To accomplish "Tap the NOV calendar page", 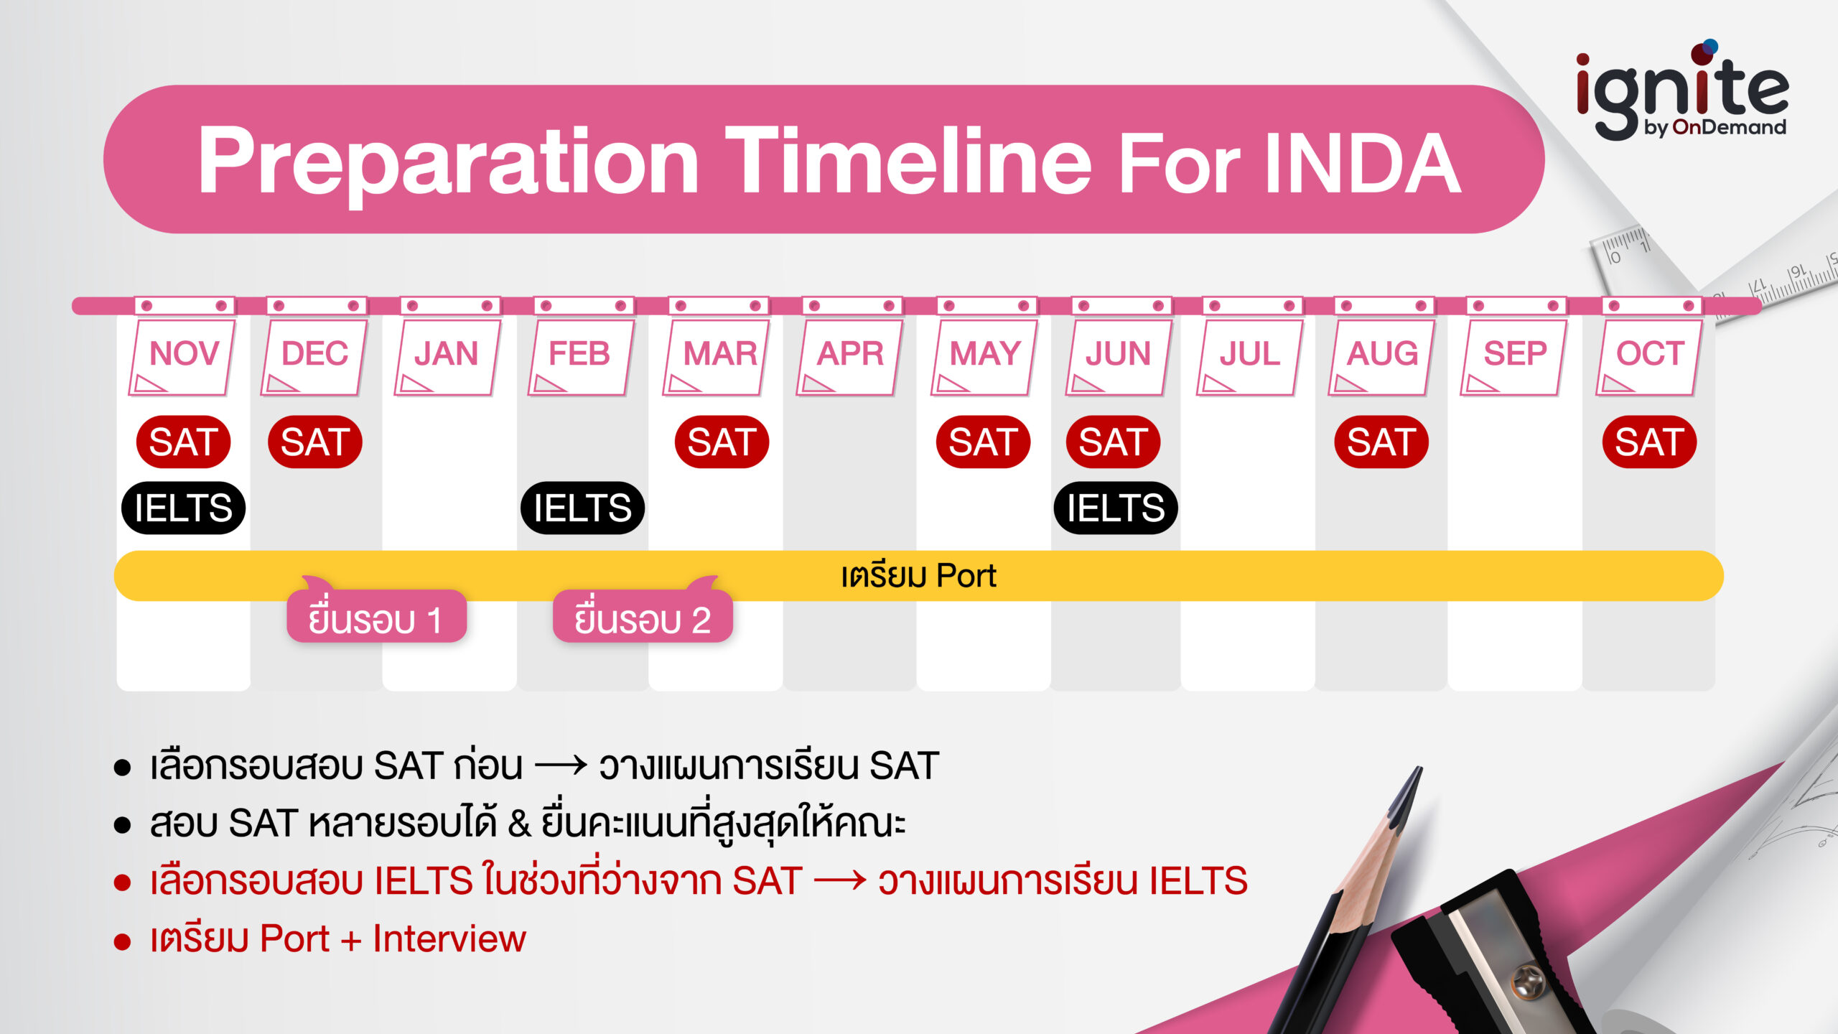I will tap(184, 355).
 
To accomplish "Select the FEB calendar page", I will tap(580, 355).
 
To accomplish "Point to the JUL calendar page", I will tap(1249, 355).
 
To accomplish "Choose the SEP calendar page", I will tap(1515, 355).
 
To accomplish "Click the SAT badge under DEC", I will tap(315, 442).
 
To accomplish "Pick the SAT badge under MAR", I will tap(722, 442).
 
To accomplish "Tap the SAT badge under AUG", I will tap(1381, 442).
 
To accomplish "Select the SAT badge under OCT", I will tap(1649, 442).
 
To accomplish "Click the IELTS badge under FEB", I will tap(582, 508).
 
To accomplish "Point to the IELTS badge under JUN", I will tap(1115, 508).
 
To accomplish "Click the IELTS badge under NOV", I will tap(183, 508).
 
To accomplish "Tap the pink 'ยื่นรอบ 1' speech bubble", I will tap(376, 618).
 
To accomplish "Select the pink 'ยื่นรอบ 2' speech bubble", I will tap(643, 618).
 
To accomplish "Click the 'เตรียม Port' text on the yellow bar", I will tap(918, 576).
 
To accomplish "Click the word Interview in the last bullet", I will tap(449, 938).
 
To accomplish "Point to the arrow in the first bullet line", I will tap(561, 765).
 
